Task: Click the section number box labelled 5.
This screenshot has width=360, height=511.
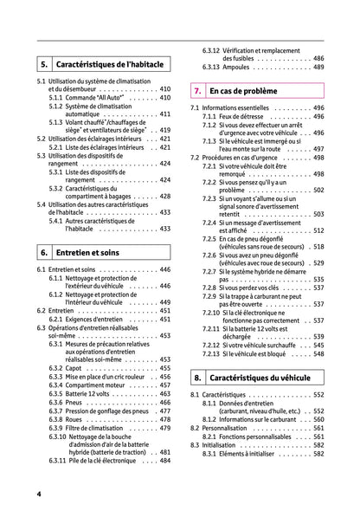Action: click(42, 64)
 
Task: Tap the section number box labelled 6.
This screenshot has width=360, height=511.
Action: click(42, 252)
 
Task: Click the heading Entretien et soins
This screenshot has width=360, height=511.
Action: click(87, 252)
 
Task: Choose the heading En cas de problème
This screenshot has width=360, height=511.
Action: click(245, 90)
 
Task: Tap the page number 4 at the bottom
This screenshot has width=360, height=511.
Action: click(39, 493)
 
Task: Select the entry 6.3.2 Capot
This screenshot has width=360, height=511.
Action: click(74, 368)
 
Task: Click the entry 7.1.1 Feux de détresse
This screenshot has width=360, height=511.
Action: click(239, 117)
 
